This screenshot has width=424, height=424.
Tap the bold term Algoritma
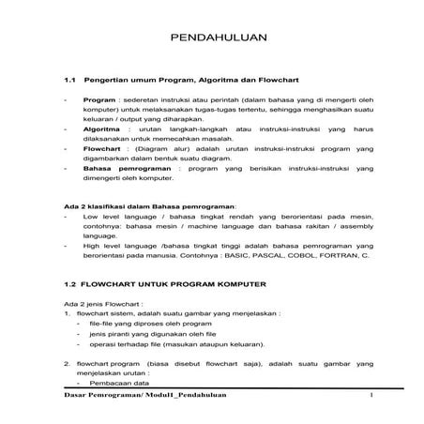(101, 129)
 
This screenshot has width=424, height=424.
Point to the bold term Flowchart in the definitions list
(103, 149)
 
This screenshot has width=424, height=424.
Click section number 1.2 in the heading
(69, 283)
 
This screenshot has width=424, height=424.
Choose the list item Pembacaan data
(123, 384)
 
